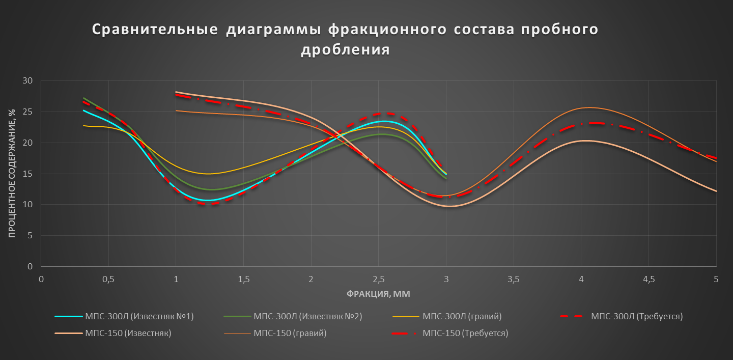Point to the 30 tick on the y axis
click(x=27, y=80)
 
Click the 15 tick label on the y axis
click(x=27, y=174)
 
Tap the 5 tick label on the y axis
click(x=30, y=236)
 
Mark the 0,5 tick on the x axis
click(x=108, y=279)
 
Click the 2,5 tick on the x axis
click(x=379, y=279)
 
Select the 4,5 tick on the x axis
click(x=649, y=279)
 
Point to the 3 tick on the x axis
click(x=446, y=279)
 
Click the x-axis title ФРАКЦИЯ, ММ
click(x=379, y=294)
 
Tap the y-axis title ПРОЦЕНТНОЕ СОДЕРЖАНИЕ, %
click(x=12, y=173)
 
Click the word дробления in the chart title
click(x=345, y=50)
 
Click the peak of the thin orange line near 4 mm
click(x=589, y=107)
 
